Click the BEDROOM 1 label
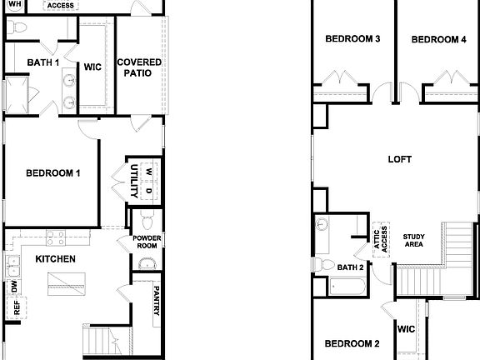pos(52,173)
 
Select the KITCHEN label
pos(55,259)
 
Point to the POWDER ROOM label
pos(147,242)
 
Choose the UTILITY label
pos(133,180)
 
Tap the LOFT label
pos(400,158)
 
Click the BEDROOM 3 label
pos(352,39)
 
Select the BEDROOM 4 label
pos(438,39)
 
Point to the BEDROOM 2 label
pos(352,343)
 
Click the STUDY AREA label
pos(413,240)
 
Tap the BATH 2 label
pos(350,267)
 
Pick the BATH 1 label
pos(42,62)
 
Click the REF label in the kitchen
pos(15,307)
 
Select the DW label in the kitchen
pos(14,287)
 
